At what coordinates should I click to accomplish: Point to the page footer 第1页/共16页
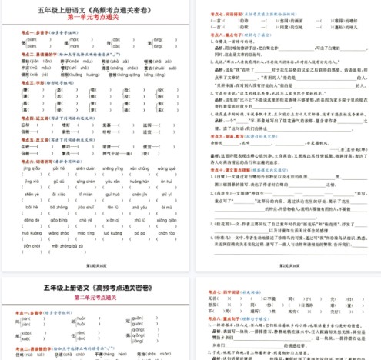[x=96, y=265]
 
